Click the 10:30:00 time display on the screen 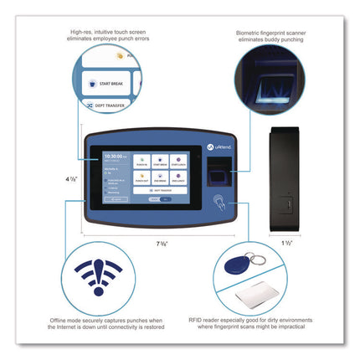click(x=113, y=157)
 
